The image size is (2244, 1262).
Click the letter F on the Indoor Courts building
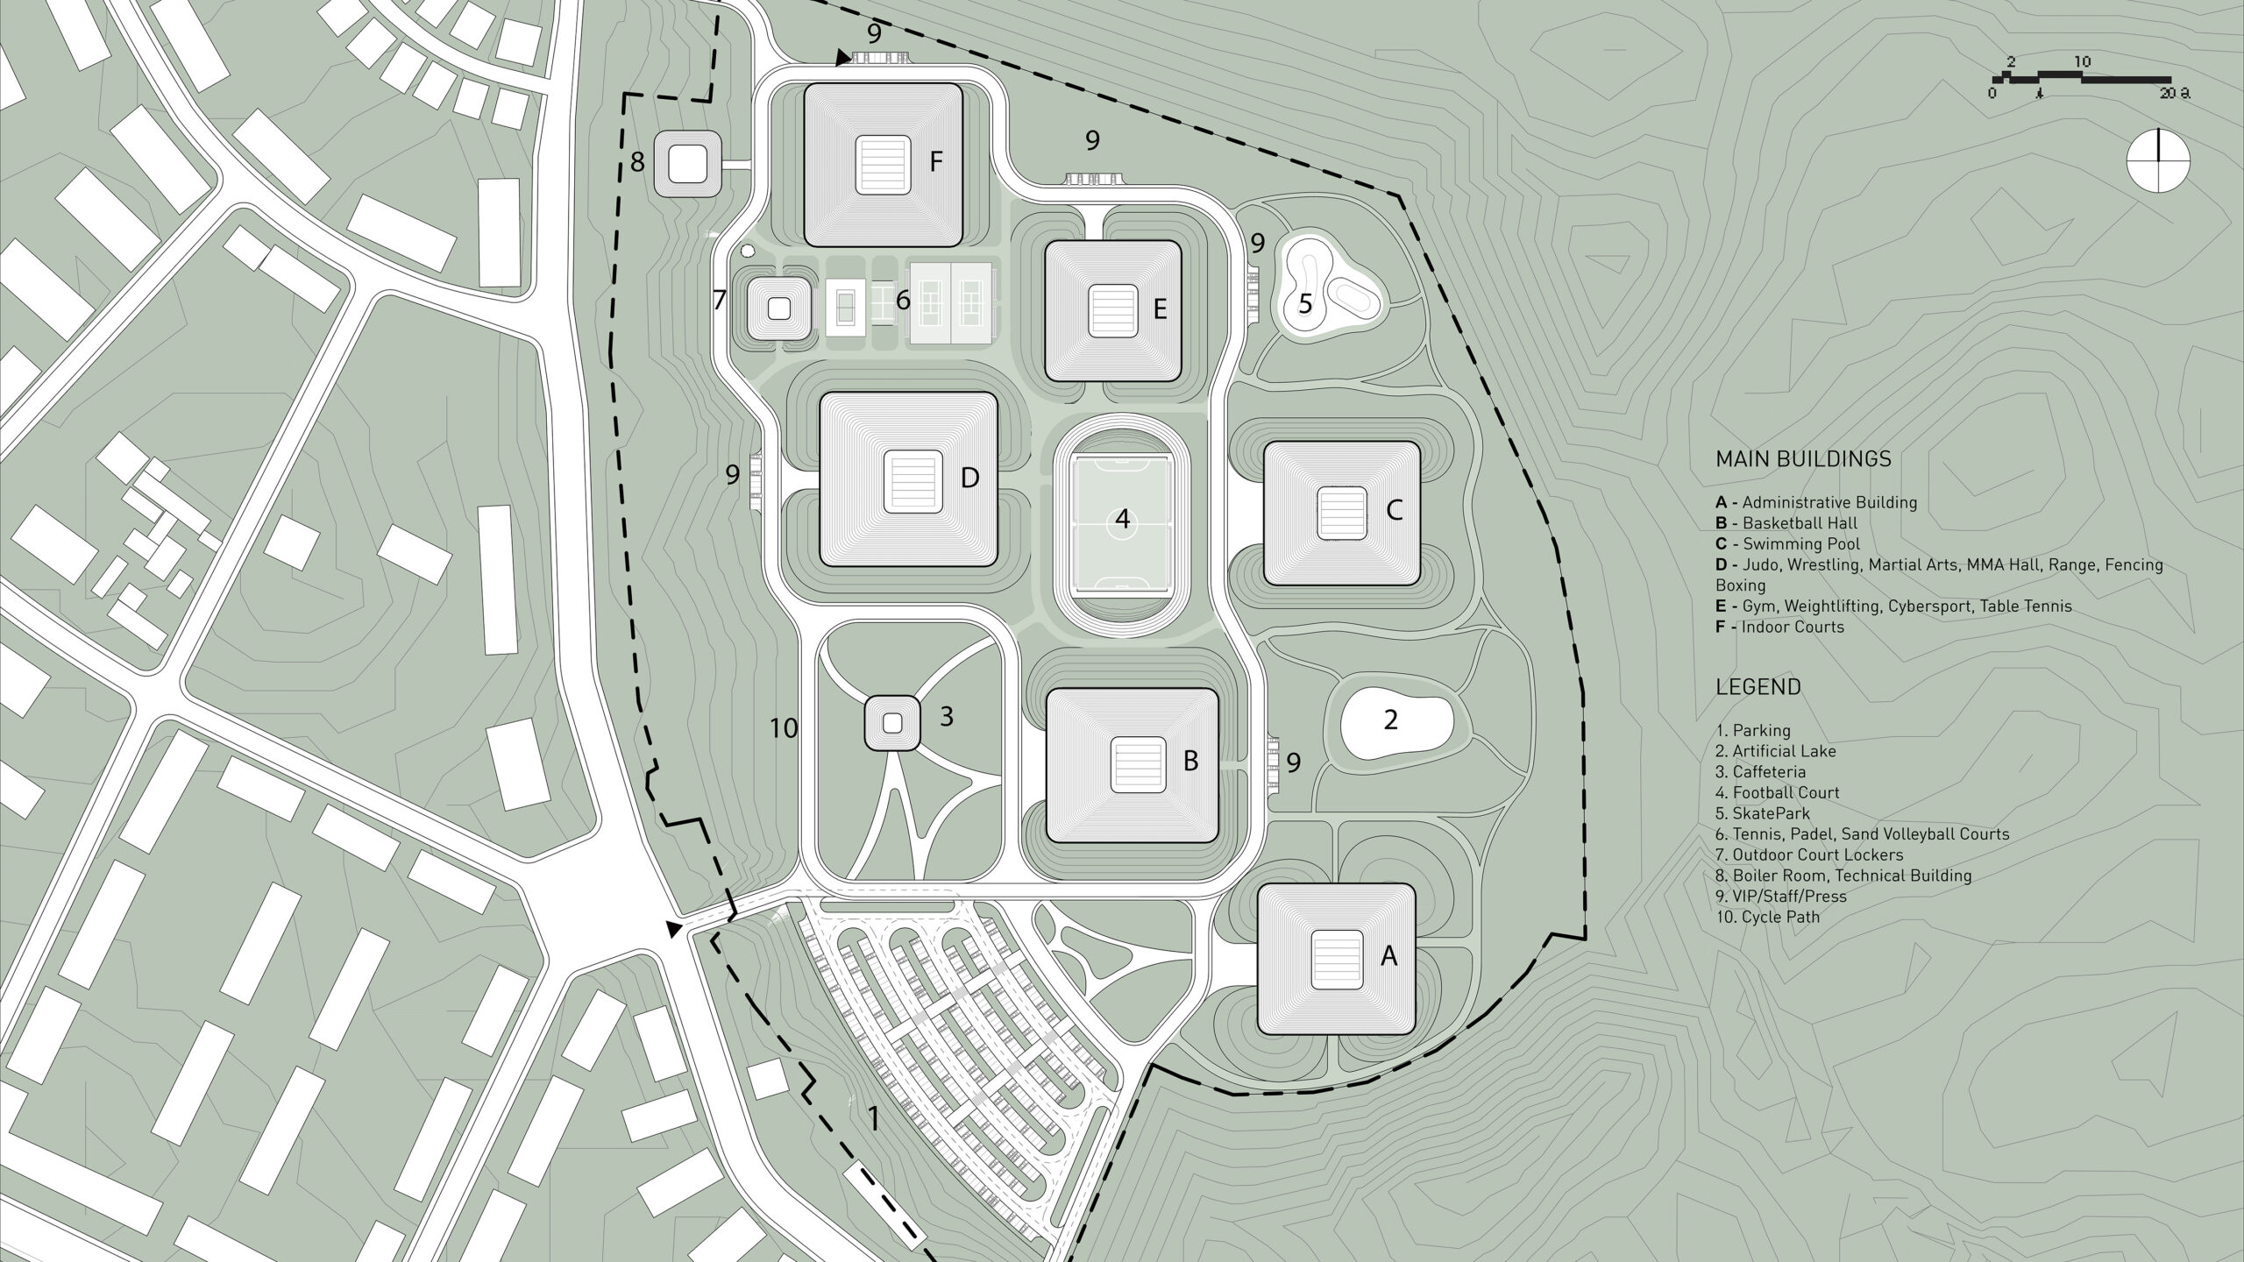click(x=935, y=162)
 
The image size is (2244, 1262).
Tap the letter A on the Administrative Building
click(x=1388, y=956)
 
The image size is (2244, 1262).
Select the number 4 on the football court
click(x=1122, y=521)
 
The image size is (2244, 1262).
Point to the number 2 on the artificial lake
click(x=1390, y=720)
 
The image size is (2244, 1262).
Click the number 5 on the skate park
click(x=1305, y=304)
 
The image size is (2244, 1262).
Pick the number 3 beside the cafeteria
click(x=946, y=716)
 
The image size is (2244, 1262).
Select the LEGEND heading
click(x=1758, y=687)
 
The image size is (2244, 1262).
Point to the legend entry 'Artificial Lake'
click(x=1776, y=751)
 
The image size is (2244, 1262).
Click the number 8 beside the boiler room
click(x=637, y=162)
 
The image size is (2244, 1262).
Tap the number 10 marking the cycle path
click(x=784, y=728)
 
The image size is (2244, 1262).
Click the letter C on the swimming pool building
click(x=1395, y=509)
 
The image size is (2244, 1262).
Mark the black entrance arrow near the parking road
click(x=674, y=929)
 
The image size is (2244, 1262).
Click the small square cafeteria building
click(x=892, y=723)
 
